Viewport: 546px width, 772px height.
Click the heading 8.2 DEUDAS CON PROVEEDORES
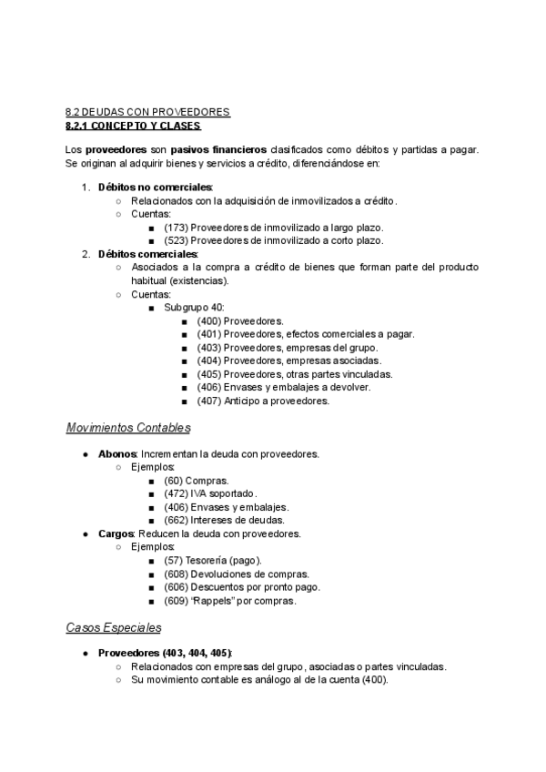(x=147, y=112)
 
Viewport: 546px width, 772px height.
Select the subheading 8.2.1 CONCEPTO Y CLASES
(x=133, y=126)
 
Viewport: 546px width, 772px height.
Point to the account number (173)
(x=177, y=227)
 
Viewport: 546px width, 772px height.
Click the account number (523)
(x=177, y=240)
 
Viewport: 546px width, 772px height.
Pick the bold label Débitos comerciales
(x=147, y=254)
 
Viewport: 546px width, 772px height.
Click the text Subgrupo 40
(x=187, y=307)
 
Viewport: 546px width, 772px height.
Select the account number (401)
(x=209, y=334)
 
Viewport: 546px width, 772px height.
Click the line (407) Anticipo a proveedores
(x=262, y=401)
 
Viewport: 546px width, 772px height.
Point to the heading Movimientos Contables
(x=127, y=427)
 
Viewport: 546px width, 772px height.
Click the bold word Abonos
(x=116, y=453)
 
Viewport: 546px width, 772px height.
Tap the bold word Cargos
(x=116, y=533)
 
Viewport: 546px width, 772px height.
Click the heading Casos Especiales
(x=114, y=627)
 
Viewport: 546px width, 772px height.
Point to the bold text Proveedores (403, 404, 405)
(x=165, y=654)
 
